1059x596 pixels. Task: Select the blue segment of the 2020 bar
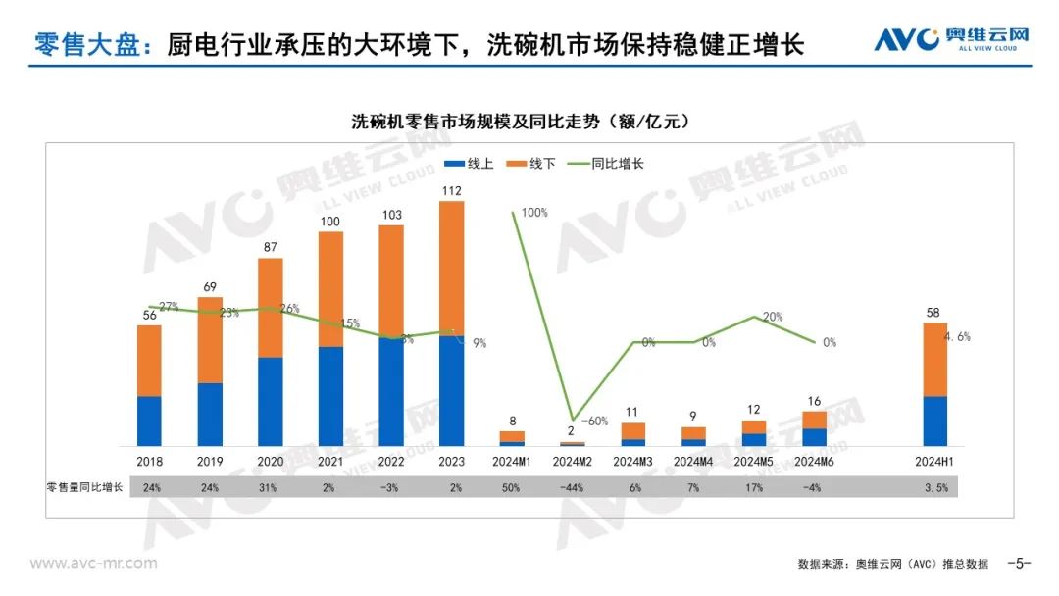[270, 401]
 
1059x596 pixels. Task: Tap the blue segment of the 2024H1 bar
[935, 421]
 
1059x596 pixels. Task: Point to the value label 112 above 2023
[451, 191]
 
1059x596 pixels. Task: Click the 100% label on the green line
[534, 212]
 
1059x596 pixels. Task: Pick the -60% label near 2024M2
[594, 421]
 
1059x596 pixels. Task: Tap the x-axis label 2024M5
[753, 462]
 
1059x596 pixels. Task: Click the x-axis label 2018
[149, 462]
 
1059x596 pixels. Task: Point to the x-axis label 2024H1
[935, 462]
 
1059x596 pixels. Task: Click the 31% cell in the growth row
[270, 487]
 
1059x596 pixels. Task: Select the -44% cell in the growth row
[572, 487]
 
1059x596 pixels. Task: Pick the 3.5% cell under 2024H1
[935, 487]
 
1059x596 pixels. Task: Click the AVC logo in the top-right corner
[951, 40]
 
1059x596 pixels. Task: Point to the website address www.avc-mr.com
[93, 563]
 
